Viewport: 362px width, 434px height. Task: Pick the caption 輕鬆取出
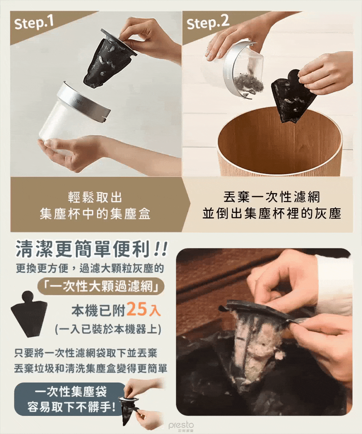95,197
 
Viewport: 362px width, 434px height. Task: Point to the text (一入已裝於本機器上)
108,329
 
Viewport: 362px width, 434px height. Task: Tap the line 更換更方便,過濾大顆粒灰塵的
90,269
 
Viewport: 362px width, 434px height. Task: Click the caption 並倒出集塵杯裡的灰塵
272,213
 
